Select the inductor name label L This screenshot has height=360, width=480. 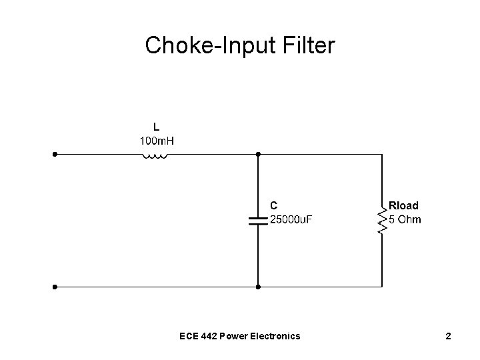pos(156,126)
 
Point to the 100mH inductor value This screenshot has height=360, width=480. pos(157,141)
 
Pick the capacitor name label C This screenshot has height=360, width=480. pos(273,205)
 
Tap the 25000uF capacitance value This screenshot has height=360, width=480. pos(290,219)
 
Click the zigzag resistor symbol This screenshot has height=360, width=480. pos(382,220)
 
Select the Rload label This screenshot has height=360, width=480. pos(404,205)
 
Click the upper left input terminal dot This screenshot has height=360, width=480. pos(55,154)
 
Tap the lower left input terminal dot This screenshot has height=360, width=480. pos(55,287)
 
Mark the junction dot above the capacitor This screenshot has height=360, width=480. pos(257,154)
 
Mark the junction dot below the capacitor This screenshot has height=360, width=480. pos(257,287)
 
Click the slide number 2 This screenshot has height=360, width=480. pos(449,336)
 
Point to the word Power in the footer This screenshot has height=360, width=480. pos(235,336)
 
